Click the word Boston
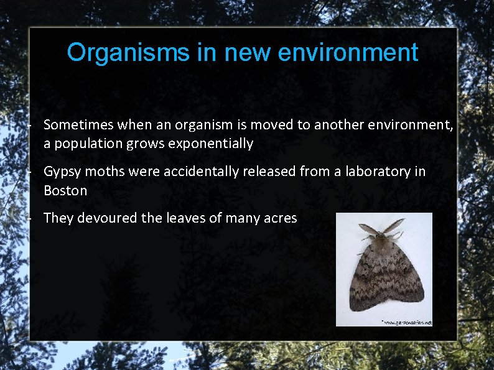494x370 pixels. pyautogui.click(x=65, y=190)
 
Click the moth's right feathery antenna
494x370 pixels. pyautogui.click(x=394, y=225)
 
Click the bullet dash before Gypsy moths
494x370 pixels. pyautogui.click(x=29, y=172)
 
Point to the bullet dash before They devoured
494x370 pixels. pyautogui.click(x=29, y=218)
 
